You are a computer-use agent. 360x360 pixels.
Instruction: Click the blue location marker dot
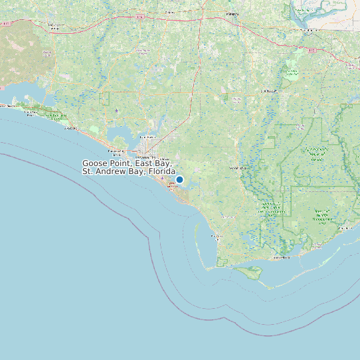pyautogui.click(x=179, y=179)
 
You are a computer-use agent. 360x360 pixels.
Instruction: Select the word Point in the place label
pyautogui.click(x=122, y=163)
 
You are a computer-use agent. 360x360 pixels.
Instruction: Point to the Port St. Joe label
pyautogui.click(x=217, y=236)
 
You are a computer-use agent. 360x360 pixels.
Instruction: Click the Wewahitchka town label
pyautogui.click(x=237, y=169)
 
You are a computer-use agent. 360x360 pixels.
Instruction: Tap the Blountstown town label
pyautogui.click(x=268, y=91)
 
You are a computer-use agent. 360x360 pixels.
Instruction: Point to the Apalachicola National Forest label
pyautogui.click(x=316, y=154)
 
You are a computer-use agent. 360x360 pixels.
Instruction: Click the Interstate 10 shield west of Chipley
pyautogui.click(x=138, y=16)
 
